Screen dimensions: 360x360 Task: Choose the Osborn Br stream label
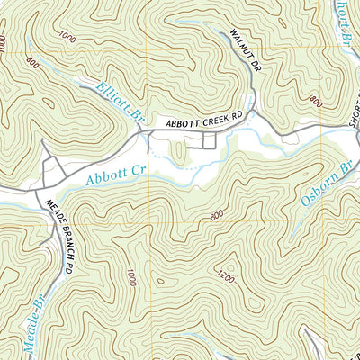click(x=325, y=191)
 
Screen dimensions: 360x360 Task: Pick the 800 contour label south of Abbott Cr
click(x=215, y=215)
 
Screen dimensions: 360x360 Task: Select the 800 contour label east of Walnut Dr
click(x=314, y=102)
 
